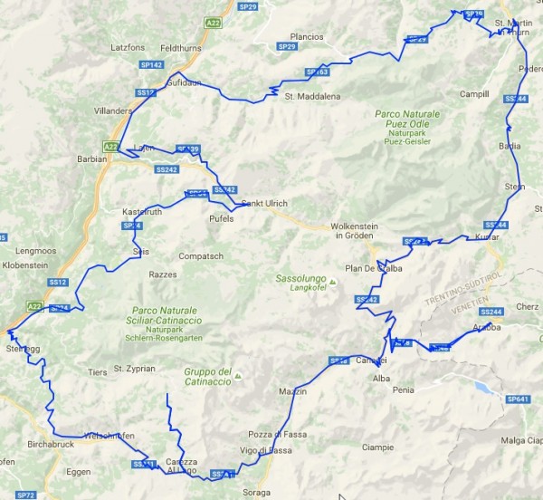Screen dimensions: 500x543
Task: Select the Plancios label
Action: coord(308,36)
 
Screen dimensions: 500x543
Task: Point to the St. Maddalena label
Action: coord(304,96)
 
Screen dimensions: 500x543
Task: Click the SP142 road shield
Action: coord(151,65)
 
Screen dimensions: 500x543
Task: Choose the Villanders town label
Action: coord(113,111)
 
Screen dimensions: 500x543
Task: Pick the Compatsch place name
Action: coord(200,256)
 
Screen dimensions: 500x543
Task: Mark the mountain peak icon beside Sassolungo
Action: coord(332,284)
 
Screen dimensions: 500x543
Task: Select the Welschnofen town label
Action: coord(108,436)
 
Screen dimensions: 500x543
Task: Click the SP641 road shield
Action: coord(517,399)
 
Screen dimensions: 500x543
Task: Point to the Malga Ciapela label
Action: coord(522,440)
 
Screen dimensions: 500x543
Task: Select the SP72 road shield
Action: coord(25,495)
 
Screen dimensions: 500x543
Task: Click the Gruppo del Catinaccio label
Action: coord(208,376)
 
